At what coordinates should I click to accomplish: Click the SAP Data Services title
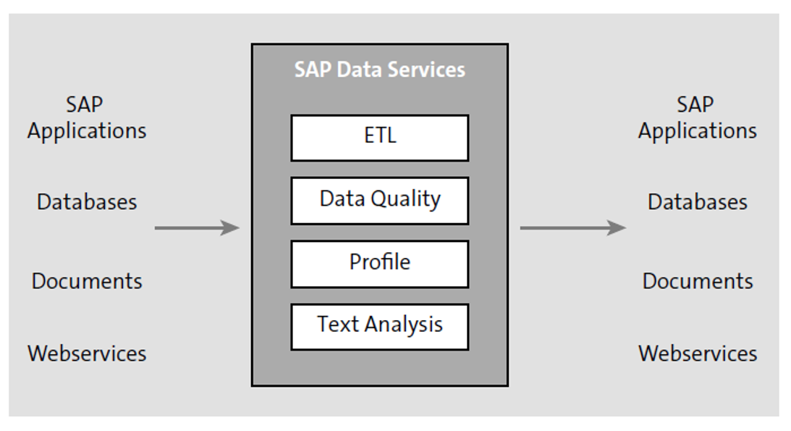(x=379, y=70)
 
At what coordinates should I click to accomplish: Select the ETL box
(x=379, y=138)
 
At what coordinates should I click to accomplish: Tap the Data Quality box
(x=379, y=201)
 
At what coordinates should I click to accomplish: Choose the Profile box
(x=379, y=264)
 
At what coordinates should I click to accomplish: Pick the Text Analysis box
(x=379, y=327)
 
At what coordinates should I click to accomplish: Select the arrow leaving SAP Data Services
(x=572, y=228)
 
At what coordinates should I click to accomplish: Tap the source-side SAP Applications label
(x=87, y=117)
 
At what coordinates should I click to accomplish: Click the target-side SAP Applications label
(x=697, y=117)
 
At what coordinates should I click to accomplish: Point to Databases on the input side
(x=87, y=201)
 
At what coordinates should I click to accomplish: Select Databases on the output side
(x=697, y=201)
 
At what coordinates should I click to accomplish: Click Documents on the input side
(x=87, y=281)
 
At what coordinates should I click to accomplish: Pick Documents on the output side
(x=697, y=281)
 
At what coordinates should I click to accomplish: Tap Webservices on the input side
(x=87, y=353)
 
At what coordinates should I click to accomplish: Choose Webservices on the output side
(x=697, y=353)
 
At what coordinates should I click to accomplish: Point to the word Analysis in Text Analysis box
(x=402, y=325)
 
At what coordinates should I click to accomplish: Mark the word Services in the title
(x=426, y=70)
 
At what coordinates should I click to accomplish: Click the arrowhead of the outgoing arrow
(x=617, y=228)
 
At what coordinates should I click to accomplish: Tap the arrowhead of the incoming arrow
(x=231, y=228)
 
